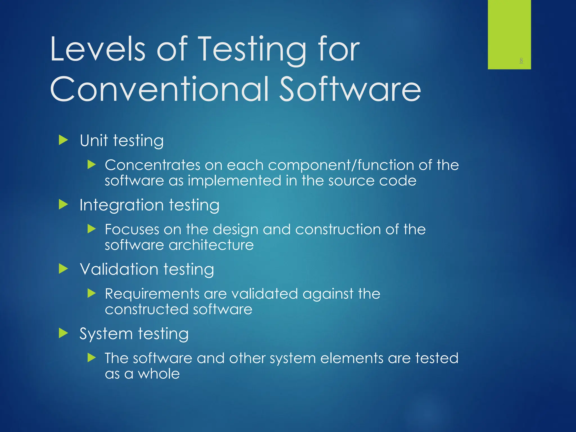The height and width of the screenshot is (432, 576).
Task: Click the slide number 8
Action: coord(521,60)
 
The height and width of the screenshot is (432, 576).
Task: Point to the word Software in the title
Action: coord(350,89)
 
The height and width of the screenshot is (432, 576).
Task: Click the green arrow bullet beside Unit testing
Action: coord(63,140)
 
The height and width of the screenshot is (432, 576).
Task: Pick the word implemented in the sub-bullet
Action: coord(234,181)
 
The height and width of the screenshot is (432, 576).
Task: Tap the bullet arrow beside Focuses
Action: coord(91,229)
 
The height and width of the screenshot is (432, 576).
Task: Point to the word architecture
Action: coord(211,245)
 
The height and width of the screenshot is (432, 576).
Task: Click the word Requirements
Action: coord(152,294)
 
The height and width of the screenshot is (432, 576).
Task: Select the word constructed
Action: coord(146,309)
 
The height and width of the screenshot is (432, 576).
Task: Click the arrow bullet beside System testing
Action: coord(63,333)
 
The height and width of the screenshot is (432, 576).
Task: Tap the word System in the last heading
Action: coord(106,334)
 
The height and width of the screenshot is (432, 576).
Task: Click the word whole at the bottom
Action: coord(159,374)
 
